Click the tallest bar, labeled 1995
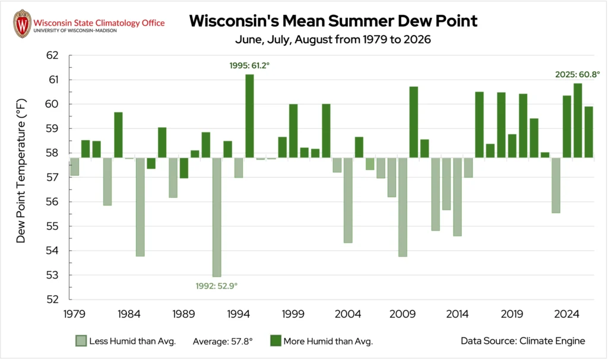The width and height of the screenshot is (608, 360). tap(250, 116)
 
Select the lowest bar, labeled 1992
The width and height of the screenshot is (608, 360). tap(217, 217)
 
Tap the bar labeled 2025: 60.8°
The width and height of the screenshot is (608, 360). tap(578, 120)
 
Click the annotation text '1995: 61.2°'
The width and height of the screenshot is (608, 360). tap(249, 65)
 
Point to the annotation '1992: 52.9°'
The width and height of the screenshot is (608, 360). tap(216, 286)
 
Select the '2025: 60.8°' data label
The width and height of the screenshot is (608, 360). tap(577, 74)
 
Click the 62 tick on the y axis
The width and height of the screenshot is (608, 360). tap(52, 55)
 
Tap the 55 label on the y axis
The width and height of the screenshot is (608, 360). tap(52, 226)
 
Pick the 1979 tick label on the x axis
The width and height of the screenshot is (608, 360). tap(74, 314)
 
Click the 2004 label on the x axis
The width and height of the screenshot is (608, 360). tap(348, 314)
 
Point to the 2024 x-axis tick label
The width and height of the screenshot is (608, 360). tap(566, 314)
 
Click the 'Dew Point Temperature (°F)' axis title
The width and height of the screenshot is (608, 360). tap(21, 171)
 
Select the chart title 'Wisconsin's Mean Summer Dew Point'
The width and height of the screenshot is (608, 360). tap(334, 21)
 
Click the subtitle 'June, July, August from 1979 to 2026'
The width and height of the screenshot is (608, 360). tap(333, 40)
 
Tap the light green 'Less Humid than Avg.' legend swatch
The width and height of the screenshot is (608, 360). tap(81, 341)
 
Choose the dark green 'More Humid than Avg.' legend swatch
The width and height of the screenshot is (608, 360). tap(275, 341)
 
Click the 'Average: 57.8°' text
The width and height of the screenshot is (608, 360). tap(223, 342)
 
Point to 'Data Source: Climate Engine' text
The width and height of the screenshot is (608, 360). tap(522, 341)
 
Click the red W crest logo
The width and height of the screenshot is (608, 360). tap(22, 24)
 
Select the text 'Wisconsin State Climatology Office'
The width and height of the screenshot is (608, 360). tap(99, 23)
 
